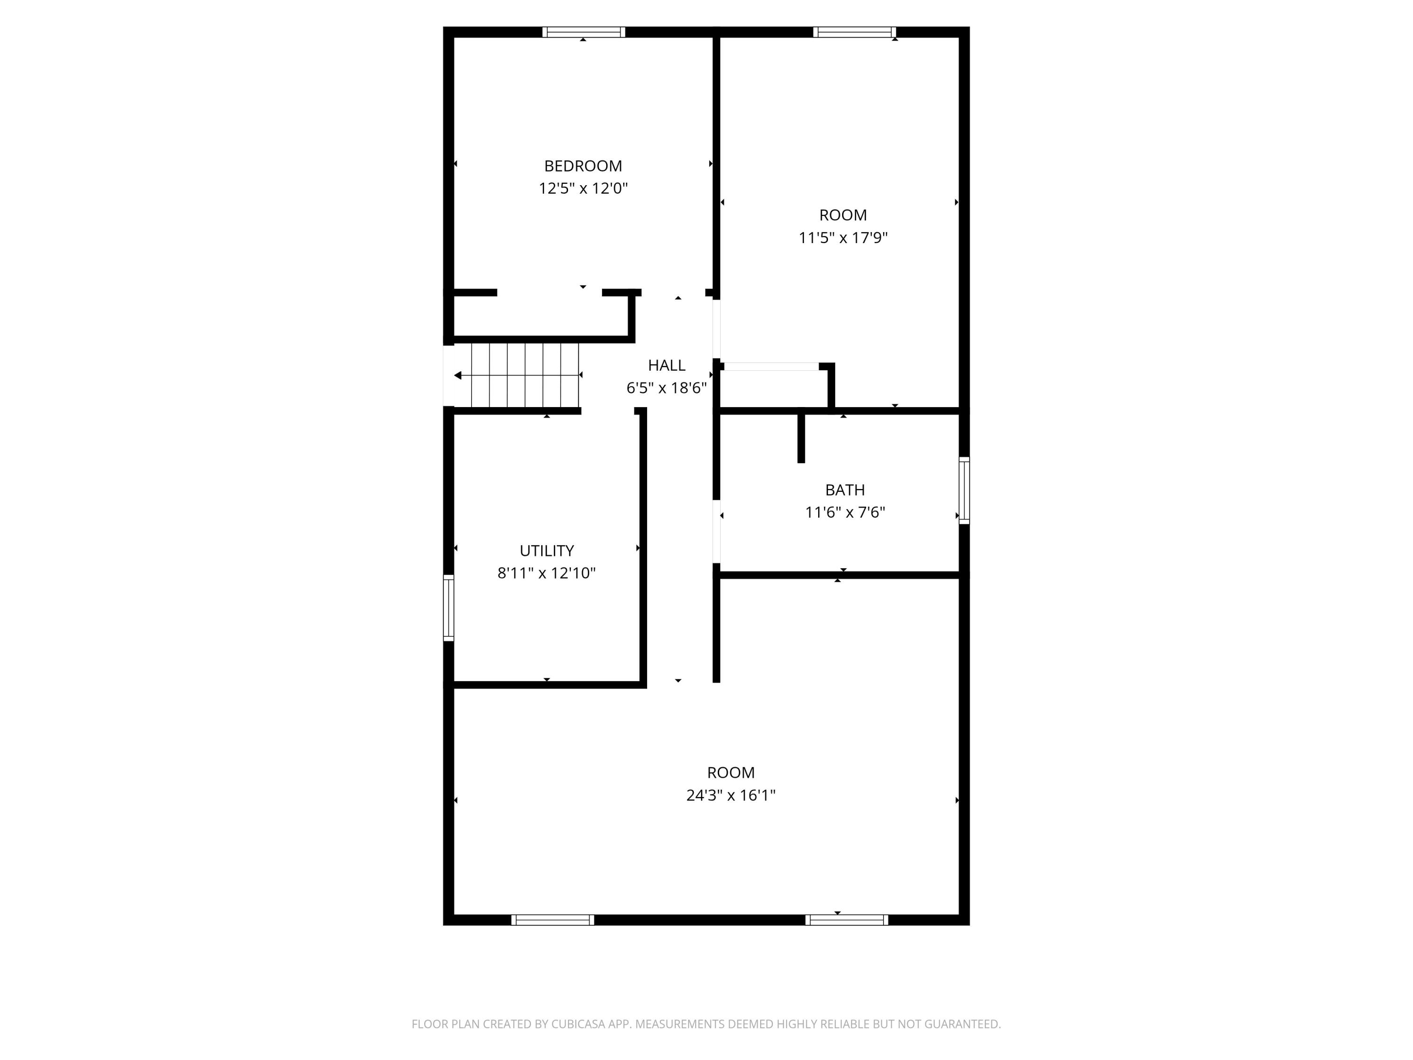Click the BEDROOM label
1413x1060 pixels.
(583, 166)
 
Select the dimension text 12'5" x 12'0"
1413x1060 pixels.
(583, 188)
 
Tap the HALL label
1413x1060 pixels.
(666, 366)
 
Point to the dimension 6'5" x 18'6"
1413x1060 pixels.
(666, 388)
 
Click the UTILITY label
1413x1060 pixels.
(547, 551)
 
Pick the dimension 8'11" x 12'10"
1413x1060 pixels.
(547, 573)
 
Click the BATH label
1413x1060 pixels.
(845, 490)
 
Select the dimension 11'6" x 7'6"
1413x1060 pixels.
(845, 513)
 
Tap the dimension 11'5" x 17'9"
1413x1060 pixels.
(843, 238)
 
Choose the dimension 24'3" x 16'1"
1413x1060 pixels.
(731, 796)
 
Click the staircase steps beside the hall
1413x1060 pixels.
(525, 375)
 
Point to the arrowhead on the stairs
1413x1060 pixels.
(457, 375)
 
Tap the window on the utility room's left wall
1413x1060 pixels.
(448, 608)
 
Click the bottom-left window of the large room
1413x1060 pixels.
(552, 920)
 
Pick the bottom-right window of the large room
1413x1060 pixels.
(847, 920)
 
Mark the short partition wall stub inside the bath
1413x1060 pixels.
(801, 438)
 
